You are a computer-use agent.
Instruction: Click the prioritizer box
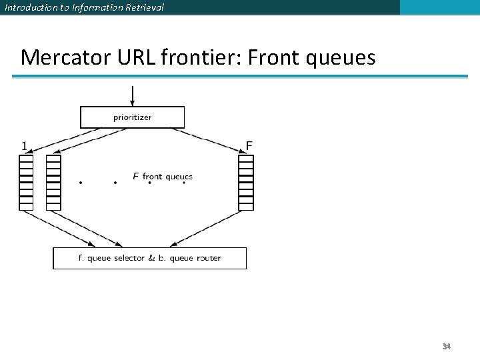click(132, 117)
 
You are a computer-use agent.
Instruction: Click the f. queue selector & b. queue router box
click(149, 258)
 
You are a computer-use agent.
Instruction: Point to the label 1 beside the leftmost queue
click(24, 145)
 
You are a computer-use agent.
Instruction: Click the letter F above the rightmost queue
click(249, 145)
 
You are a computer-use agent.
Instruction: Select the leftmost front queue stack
click(26, 182)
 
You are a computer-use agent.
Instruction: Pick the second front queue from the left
click(53, 182)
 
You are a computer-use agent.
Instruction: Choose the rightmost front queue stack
click(246, 182)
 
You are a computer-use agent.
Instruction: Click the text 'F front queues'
click(163, 177)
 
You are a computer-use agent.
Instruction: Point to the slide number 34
click(446, 346)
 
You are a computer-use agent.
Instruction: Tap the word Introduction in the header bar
click(27, 7)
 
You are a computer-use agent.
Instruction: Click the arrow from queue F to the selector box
click(207, 228)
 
